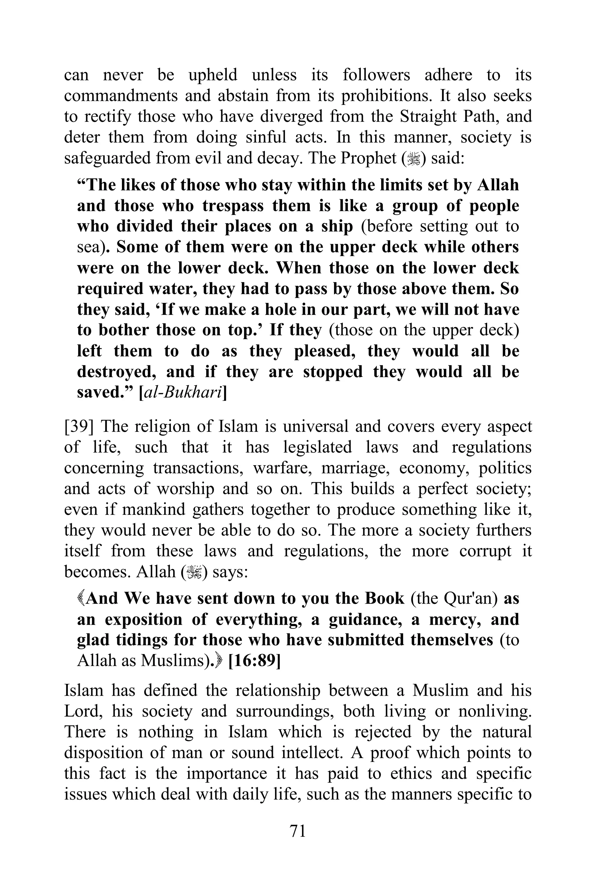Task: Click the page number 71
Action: pos(298,831)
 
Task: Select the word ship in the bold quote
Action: pos(337,226)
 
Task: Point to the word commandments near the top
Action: pos(121,96)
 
